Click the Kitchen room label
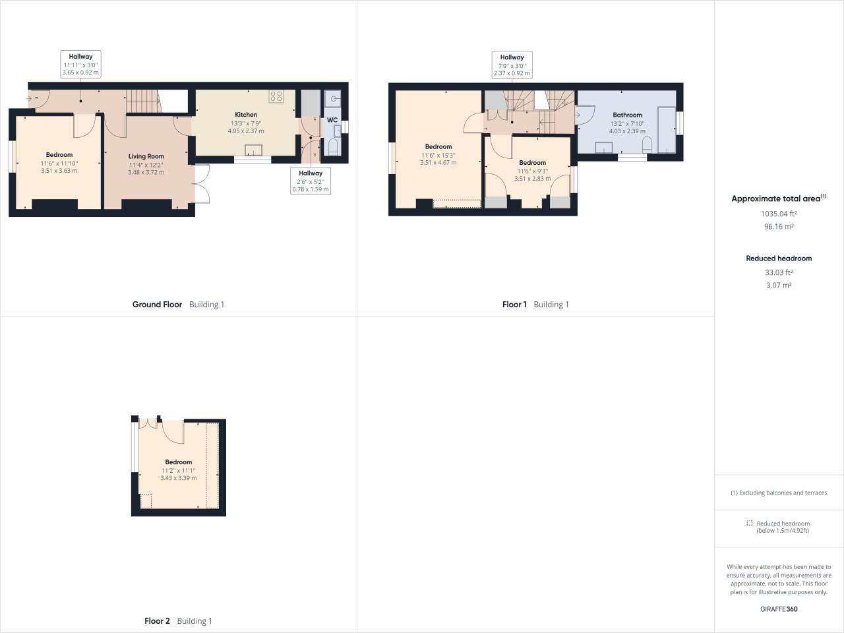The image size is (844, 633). coord(246,115)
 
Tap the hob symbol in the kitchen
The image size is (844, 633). coord(276,97)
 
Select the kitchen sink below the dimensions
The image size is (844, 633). coord(253,149)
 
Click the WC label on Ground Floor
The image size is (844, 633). coord(332,120)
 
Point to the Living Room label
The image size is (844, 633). coord(146,157)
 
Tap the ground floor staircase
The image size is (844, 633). coord(142,101)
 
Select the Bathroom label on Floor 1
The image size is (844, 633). coord(627,115)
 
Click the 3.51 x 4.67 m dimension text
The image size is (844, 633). coord(438,162)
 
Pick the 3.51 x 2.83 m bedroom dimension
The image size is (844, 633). coord(532,179)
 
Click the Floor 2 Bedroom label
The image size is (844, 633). coord(178,462)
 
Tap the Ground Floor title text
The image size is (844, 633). coord(157,305)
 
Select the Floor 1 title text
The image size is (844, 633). coord(514,305)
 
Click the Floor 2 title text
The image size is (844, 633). coord(157,621)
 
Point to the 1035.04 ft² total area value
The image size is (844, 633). coord(779,214)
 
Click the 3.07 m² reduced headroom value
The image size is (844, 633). coord(779,286)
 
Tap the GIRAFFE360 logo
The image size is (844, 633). coord(779,609)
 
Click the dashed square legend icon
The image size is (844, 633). coord(749,524)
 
